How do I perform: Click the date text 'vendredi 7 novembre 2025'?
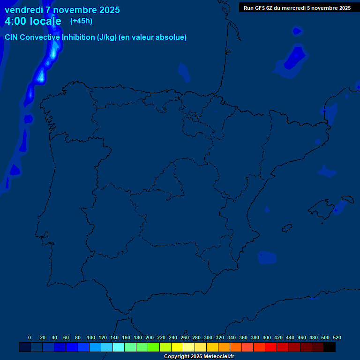click(62, 10)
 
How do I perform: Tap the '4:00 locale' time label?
click(33, 21)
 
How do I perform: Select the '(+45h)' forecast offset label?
click(81, 21)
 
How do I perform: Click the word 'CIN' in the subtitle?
click(11, 37)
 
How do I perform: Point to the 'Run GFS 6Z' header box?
click(297, 7)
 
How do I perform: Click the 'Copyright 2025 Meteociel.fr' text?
click(199, 357)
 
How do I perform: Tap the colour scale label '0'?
click(30, 337)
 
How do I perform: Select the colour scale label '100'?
click(91, 337)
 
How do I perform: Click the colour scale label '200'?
click(150, 337)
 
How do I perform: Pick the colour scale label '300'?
click(208, 337)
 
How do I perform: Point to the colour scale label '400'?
click(267, 337)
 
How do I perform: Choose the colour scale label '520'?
click(337, 337)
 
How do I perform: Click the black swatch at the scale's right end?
click(330, 347)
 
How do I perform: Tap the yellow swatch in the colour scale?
click(177, 347)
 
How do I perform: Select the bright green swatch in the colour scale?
click(154, 347)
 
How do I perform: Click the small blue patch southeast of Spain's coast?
click(267, 257)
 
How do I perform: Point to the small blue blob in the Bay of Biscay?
click(183, 71)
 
